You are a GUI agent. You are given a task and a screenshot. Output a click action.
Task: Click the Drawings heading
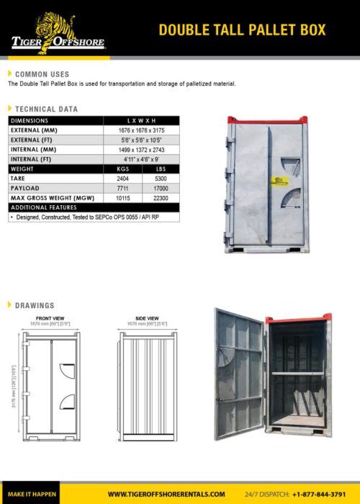click(x=35, y=305)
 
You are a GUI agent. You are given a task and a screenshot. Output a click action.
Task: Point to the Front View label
click(x=50, y=318)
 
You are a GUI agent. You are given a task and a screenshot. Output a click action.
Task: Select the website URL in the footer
click(x=166, y=494)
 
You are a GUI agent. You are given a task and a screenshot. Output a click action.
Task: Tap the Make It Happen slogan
click(x=32, y=494)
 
